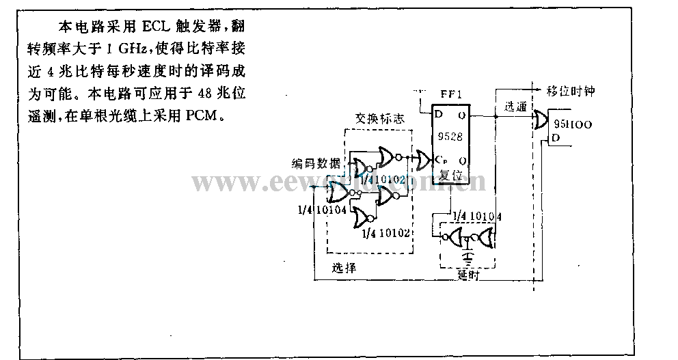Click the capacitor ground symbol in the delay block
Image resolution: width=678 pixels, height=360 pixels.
pyautogui.click(x=467, y=256)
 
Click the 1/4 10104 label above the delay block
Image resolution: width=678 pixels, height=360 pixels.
pyautogui.click(x=481, y=217)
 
